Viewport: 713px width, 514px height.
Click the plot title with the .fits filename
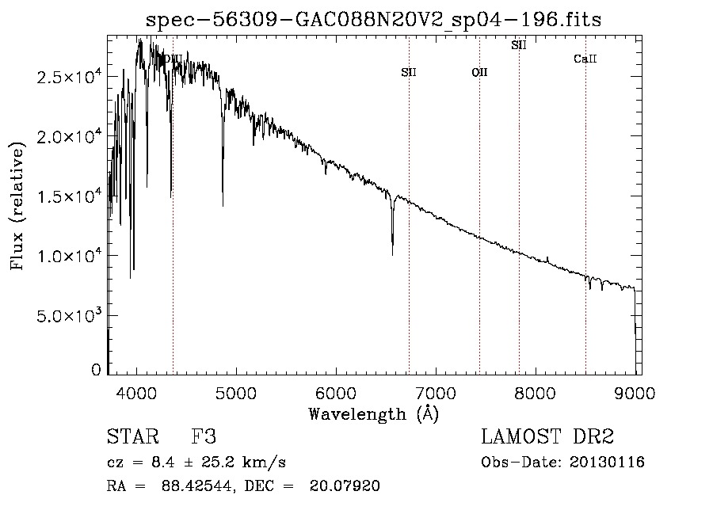[x=375, y=20]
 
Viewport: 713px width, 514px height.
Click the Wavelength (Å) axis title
[x=374, y=413]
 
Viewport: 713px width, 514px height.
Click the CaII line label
[x=585, y=59]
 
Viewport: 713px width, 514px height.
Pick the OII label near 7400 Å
[x=479, y=73]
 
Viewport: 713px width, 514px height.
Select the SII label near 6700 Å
[x=409, y=73]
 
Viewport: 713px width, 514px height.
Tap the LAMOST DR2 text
[x=547, y=437]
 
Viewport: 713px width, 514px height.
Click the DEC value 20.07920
[x=349, y=486]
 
